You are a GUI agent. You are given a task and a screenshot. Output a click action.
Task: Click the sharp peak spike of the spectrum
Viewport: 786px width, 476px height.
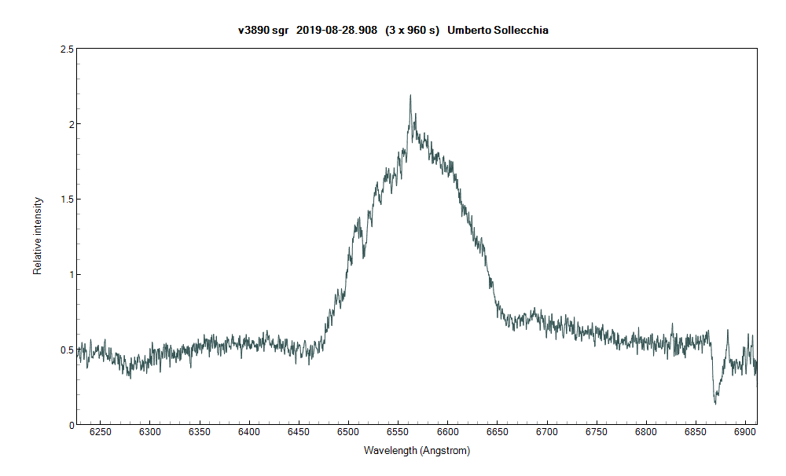(410, 97)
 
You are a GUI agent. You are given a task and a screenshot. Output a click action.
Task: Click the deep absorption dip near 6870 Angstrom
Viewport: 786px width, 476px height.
(715, 402)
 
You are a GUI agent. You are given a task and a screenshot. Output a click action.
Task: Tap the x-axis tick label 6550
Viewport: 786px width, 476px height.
(447, 431)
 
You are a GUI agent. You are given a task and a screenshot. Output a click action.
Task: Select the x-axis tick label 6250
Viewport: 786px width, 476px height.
(100, 431)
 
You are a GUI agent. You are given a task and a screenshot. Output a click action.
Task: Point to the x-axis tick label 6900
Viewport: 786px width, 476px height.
(696, 431)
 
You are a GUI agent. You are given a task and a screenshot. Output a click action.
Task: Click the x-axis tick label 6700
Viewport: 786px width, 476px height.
(546, 431)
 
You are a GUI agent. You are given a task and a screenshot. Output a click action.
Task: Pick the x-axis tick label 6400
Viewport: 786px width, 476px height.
(249, 431)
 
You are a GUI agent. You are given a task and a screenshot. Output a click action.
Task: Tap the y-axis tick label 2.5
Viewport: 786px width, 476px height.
(68, 49)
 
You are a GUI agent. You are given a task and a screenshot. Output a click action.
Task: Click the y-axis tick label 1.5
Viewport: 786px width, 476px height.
(68, 200)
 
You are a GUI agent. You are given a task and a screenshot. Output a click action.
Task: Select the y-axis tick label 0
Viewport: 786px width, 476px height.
(72, 425)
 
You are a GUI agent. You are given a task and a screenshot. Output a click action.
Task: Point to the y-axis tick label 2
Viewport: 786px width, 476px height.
(72, 124)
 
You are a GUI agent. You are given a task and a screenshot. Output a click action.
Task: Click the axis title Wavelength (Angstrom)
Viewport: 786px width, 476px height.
(417, 451)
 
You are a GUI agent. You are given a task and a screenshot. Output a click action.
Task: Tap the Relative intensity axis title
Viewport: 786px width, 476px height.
(37, 236)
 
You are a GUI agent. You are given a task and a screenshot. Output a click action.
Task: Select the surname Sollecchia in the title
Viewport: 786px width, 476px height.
(520, 30)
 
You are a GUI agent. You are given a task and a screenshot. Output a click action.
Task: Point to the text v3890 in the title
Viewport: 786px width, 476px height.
(253, 30)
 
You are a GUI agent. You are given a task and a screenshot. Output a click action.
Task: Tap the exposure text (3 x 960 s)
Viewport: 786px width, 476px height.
(412, 30)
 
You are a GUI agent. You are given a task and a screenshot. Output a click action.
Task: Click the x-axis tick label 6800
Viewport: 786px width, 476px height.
(646, 431)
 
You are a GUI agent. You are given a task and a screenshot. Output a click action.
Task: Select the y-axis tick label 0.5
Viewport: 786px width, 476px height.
(68, 350)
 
